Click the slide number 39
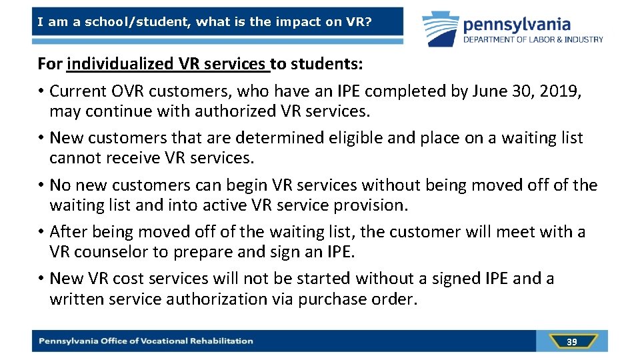click(x=571, y=342)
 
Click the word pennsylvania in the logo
click(x=517, y=25)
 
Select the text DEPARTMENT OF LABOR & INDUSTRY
click(x=533, y=39)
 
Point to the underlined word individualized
click(x=121, y=64)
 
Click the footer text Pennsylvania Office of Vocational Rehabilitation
click(x=146, y=341)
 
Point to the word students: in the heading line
click(x=325, y=64)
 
